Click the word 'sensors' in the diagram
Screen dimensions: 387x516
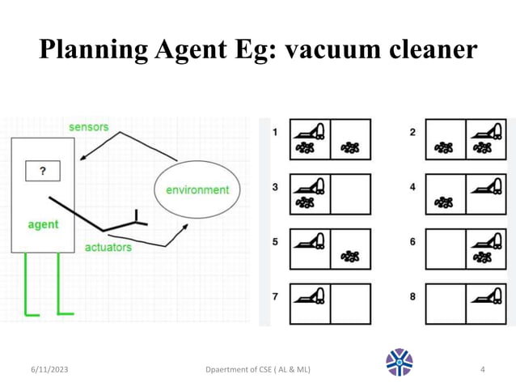[x=88, y=127]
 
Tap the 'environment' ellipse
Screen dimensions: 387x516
[x=197, y=190]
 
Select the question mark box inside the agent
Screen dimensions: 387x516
[x=42, y=171]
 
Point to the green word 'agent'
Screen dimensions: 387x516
[x=43, y=224]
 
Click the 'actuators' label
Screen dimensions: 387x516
[x=108, y=247]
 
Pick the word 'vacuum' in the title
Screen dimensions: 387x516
[x=313, y=50]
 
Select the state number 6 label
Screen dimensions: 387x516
[x=412, y=241]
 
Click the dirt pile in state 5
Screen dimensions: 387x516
[x=350, y=257]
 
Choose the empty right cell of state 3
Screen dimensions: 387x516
[x=350, y=194]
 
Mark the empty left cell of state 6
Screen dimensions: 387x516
[x=446, y=249]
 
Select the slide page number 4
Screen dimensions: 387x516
[x=483, y=370]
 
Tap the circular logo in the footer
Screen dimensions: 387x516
[x=400, y=363]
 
